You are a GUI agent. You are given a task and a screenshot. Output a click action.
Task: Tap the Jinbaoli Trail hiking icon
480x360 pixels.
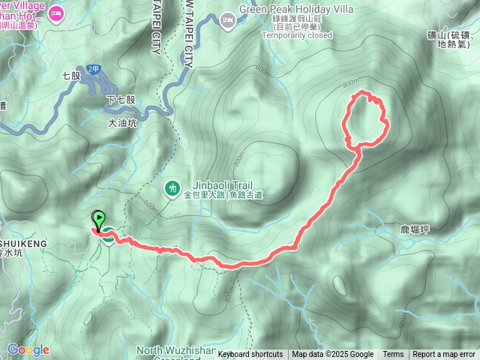pos(172,187)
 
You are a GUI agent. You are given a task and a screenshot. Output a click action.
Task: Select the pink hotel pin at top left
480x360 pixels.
pos(56,13)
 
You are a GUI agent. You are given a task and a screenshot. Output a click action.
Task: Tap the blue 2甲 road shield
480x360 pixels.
pos(93,69)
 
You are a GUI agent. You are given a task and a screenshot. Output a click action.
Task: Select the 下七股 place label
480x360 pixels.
pos(122,99)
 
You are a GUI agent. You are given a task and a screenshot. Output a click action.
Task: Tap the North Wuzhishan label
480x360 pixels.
pos(176,350)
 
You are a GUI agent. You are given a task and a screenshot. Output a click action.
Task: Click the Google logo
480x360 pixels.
pos(28,349)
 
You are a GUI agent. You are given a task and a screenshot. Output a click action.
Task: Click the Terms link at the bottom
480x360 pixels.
pos(393,355)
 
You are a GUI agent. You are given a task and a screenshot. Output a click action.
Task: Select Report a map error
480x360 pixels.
pos(444,355)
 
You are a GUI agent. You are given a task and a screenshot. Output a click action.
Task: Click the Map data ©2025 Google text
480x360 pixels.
pos(332,355)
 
